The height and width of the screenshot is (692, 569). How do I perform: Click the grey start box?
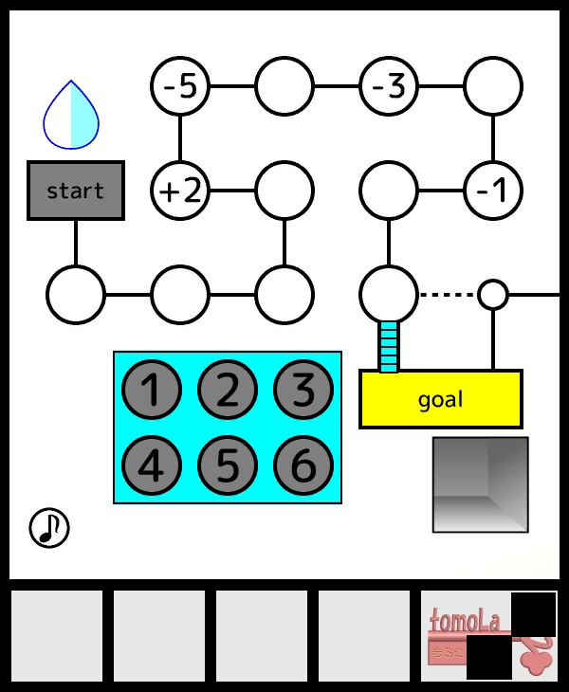click(76, 191)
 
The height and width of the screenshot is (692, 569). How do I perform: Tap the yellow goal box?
click(440, 399)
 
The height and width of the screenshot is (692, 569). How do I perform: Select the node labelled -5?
click(180, 86)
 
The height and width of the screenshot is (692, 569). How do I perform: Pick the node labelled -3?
click(389, 86)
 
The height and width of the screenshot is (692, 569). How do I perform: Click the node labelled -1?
click(493, 191)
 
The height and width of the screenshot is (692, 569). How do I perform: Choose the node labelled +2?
click(180, 191)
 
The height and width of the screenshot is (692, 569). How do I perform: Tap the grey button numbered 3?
click(303, 390)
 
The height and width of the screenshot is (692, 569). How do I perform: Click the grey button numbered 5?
click(228, 465)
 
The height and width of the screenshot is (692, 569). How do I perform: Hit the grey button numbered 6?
click(303, 465)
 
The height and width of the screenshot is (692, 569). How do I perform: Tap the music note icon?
click(49, 528)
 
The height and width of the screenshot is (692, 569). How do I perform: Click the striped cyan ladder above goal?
click(389, 346)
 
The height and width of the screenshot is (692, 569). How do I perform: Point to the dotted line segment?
click(448, 295)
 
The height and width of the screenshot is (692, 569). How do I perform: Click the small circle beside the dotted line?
click(492, 295)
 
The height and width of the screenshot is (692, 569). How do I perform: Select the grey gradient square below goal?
click(480, 483)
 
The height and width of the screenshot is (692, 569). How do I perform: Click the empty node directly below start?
click(76, 295)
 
